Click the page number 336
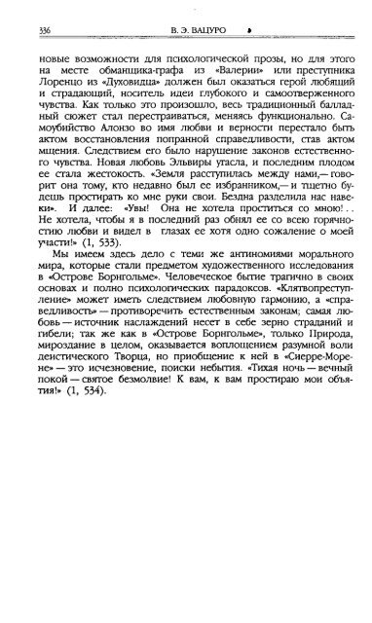coord(38,28)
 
